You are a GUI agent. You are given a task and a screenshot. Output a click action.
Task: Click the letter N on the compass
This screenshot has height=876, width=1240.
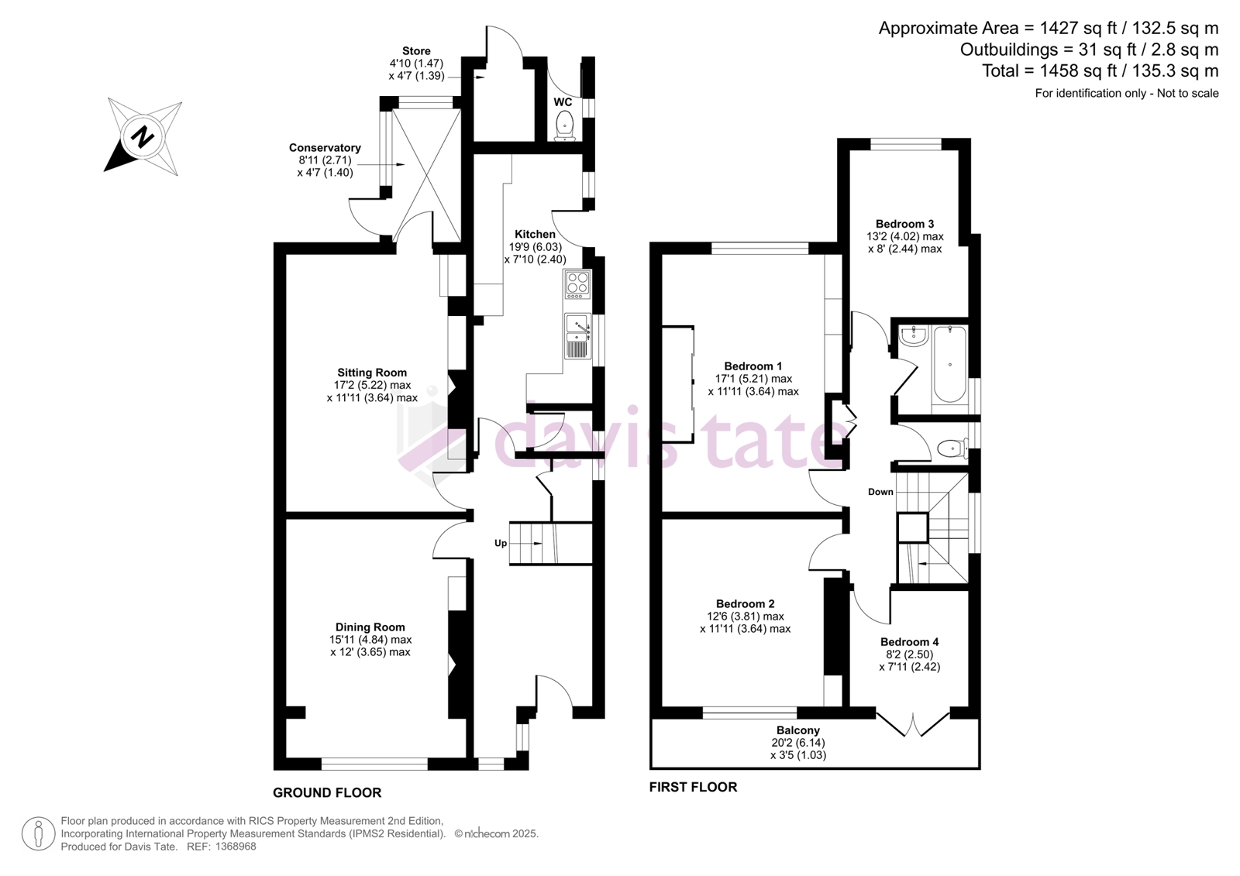143,136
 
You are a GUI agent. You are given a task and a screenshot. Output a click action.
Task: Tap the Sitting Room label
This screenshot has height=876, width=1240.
372,373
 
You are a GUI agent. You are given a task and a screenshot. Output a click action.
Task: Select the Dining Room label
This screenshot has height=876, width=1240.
370,627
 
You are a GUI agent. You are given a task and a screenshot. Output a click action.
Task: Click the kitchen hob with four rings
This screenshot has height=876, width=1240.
577,284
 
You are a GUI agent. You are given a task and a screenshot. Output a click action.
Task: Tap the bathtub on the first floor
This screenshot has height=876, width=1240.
950,365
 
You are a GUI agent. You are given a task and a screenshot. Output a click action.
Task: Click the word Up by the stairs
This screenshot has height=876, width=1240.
501,544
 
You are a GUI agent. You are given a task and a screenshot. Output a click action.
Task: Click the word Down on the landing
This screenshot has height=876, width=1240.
880,492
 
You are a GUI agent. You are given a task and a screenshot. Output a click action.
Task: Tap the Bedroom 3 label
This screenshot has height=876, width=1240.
904,224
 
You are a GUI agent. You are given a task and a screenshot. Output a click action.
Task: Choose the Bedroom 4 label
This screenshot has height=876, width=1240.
910,642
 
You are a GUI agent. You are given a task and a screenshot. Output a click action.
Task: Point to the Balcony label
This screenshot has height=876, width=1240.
797,730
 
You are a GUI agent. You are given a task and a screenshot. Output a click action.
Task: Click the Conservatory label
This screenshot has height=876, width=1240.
325,148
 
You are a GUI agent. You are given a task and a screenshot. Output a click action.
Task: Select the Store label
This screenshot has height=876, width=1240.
416,51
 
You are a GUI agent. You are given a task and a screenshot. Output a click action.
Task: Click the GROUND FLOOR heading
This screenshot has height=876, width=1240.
327,793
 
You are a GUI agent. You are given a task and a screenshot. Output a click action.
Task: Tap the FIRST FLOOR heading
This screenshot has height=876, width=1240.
693,788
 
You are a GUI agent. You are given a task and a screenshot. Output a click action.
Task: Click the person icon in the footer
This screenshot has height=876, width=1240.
38,833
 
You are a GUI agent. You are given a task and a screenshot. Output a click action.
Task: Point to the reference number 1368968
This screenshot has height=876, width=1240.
235,847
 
